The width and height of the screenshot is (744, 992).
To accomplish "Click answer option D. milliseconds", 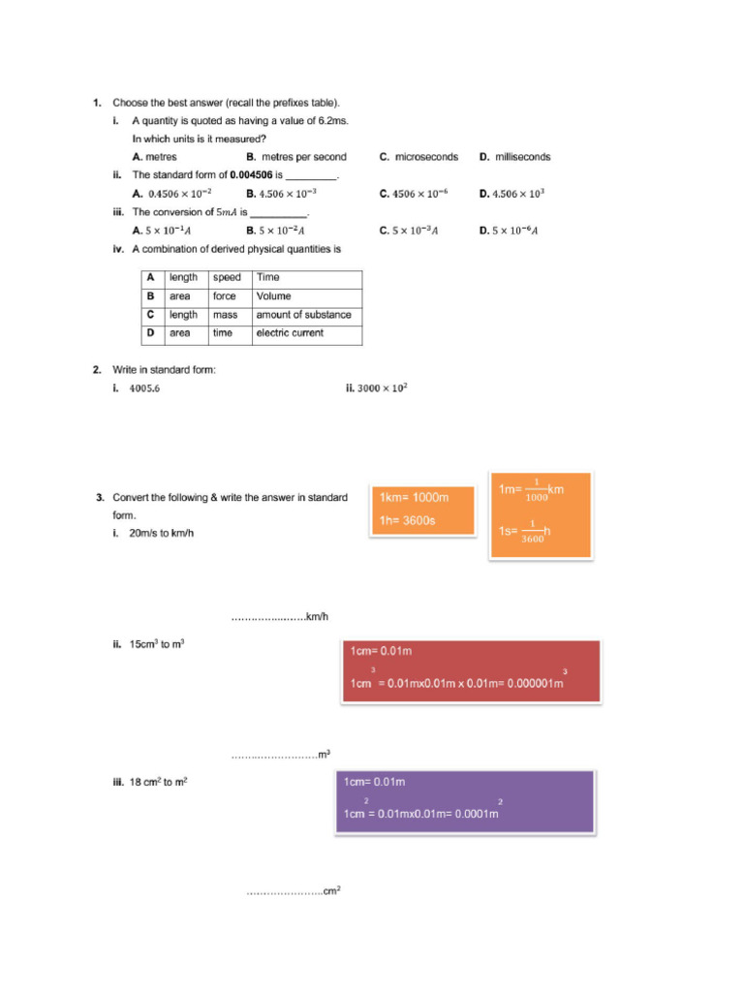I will (515, 157).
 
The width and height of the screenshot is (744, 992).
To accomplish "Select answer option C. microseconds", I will (418, 157).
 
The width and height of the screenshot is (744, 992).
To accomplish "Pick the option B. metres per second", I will (295, 157).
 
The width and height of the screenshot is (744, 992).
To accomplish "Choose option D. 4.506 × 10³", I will (511, 194).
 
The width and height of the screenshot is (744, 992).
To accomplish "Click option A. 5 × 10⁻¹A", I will (162, 231).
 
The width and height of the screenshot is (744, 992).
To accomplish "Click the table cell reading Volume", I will (273, 296).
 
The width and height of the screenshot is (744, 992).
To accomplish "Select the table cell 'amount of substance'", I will (303, 315).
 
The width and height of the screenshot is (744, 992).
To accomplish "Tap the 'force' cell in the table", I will (224, 296).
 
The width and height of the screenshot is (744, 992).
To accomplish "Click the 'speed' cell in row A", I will (227, 278).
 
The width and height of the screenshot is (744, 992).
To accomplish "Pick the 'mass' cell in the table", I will (225, 315).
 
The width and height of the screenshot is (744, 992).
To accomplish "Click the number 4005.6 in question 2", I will (144, 388).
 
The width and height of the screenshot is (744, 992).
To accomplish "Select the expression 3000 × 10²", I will (382, 388).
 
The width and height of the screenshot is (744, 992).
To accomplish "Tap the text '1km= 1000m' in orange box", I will (414, 498).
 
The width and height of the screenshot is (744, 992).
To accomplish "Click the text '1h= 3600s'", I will (407, 520).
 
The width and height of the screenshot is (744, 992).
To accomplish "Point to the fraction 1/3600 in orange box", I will (533, 531).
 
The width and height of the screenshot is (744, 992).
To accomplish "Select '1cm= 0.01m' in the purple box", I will (374, 782).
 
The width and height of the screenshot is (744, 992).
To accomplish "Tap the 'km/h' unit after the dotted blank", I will (317, 617).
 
